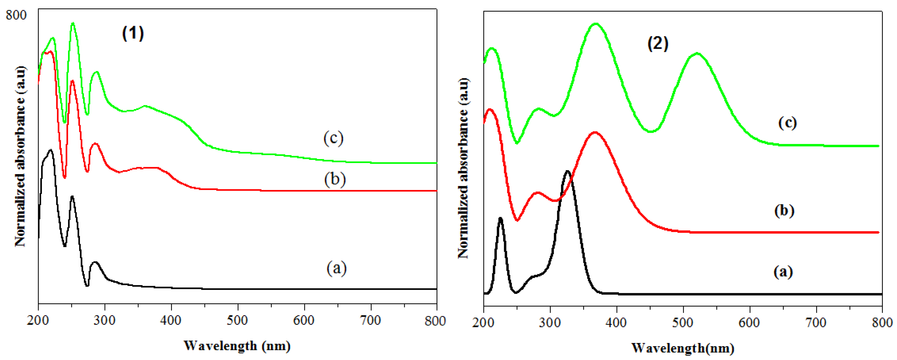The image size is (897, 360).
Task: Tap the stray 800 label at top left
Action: click(16, 15)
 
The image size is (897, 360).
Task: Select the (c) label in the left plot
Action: click(333, 138)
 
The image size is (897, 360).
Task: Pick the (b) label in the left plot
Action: click(335, 179)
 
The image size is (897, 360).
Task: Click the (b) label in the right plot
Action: click(784, 211)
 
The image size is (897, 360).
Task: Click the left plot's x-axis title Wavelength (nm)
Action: click(237, 346)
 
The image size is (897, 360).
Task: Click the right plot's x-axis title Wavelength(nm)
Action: click(683, 348)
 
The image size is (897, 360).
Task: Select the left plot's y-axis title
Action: click(20, 156)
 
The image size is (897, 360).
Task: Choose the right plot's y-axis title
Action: click(463, 168)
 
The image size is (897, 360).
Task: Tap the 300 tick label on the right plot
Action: click(550, 322)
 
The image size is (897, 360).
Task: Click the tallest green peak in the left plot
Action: click(73, 23)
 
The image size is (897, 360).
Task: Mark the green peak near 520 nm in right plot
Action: click(697, 54)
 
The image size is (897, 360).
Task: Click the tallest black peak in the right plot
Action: click(568, 171)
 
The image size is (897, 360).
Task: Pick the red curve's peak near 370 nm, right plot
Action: click(595, 132)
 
